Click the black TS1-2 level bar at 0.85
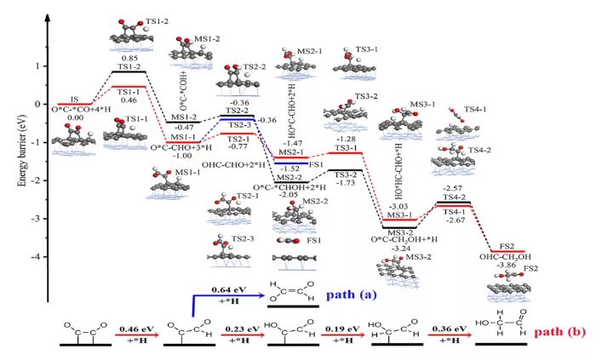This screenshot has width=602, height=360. (x=129, y=71)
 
